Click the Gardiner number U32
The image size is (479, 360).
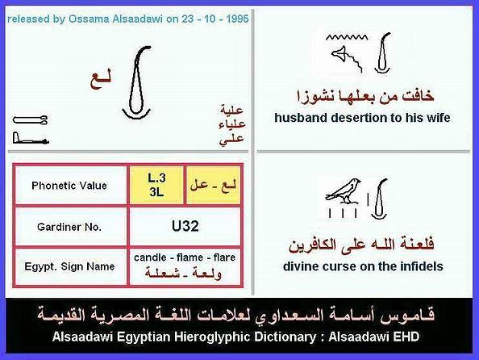pos(185,226)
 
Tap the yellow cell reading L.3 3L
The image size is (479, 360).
pos(156,186)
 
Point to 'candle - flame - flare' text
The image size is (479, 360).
pos(185,257)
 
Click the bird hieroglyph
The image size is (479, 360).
pos(343,190)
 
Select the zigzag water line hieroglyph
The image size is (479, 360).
pos(347,37)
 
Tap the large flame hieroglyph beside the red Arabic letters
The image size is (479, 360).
pos(137,82)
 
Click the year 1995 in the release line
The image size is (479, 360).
pos(237,19)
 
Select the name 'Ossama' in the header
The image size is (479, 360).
pos(89,19)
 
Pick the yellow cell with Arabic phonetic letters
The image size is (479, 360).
pos(213,186)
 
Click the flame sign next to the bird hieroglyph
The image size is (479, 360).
pos(380,199)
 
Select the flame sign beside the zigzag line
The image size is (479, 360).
pos(382,53)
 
